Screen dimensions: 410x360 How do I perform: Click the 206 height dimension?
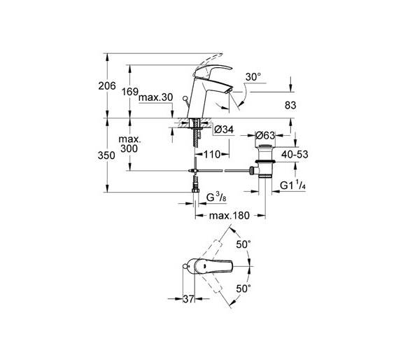point(107,86)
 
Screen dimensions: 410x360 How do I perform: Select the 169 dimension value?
point(130,92)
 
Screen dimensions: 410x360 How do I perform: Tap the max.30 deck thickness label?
point(156,97)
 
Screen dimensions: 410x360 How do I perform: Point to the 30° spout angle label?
point(253,77)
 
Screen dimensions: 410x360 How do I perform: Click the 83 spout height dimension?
point(290,105)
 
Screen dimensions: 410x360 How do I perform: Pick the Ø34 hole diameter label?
point(224,130)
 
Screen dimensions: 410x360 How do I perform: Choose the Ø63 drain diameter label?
point(265,136)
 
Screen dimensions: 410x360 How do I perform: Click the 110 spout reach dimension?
point(212,155)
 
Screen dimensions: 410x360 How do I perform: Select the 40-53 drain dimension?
point(295,155)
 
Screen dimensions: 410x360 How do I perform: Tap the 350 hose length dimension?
point(106,155)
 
